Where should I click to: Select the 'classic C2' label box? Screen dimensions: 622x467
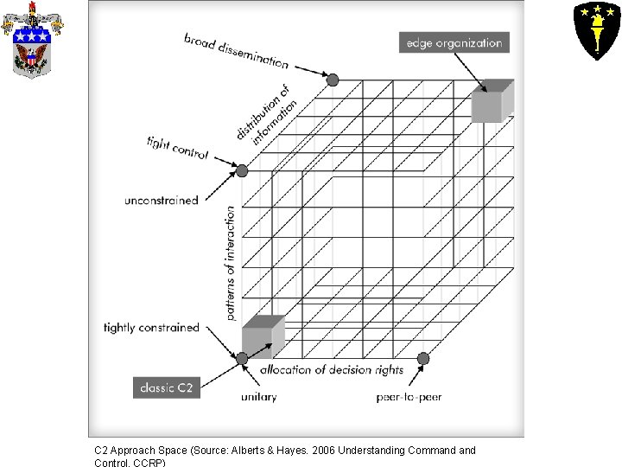[168, 387]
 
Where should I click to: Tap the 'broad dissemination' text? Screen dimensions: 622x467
[236, 50]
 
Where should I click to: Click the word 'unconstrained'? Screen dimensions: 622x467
[162, 201]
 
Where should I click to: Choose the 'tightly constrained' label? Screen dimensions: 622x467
[151, 328]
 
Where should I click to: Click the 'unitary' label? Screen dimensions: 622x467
[259, 397]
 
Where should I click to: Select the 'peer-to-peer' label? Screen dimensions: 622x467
[409, 397]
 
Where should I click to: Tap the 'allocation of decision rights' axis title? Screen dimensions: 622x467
[332, 370]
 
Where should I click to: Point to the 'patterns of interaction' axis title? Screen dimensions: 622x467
[231, 263]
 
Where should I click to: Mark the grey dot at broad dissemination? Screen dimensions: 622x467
[333, 80]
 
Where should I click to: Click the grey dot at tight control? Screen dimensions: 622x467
[242, 170]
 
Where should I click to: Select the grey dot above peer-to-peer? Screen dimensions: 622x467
[423, 358]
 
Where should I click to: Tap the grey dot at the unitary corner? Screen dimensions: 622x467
[243, 358]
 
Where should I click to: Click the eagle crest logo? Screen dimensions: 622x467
[32, 41]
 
